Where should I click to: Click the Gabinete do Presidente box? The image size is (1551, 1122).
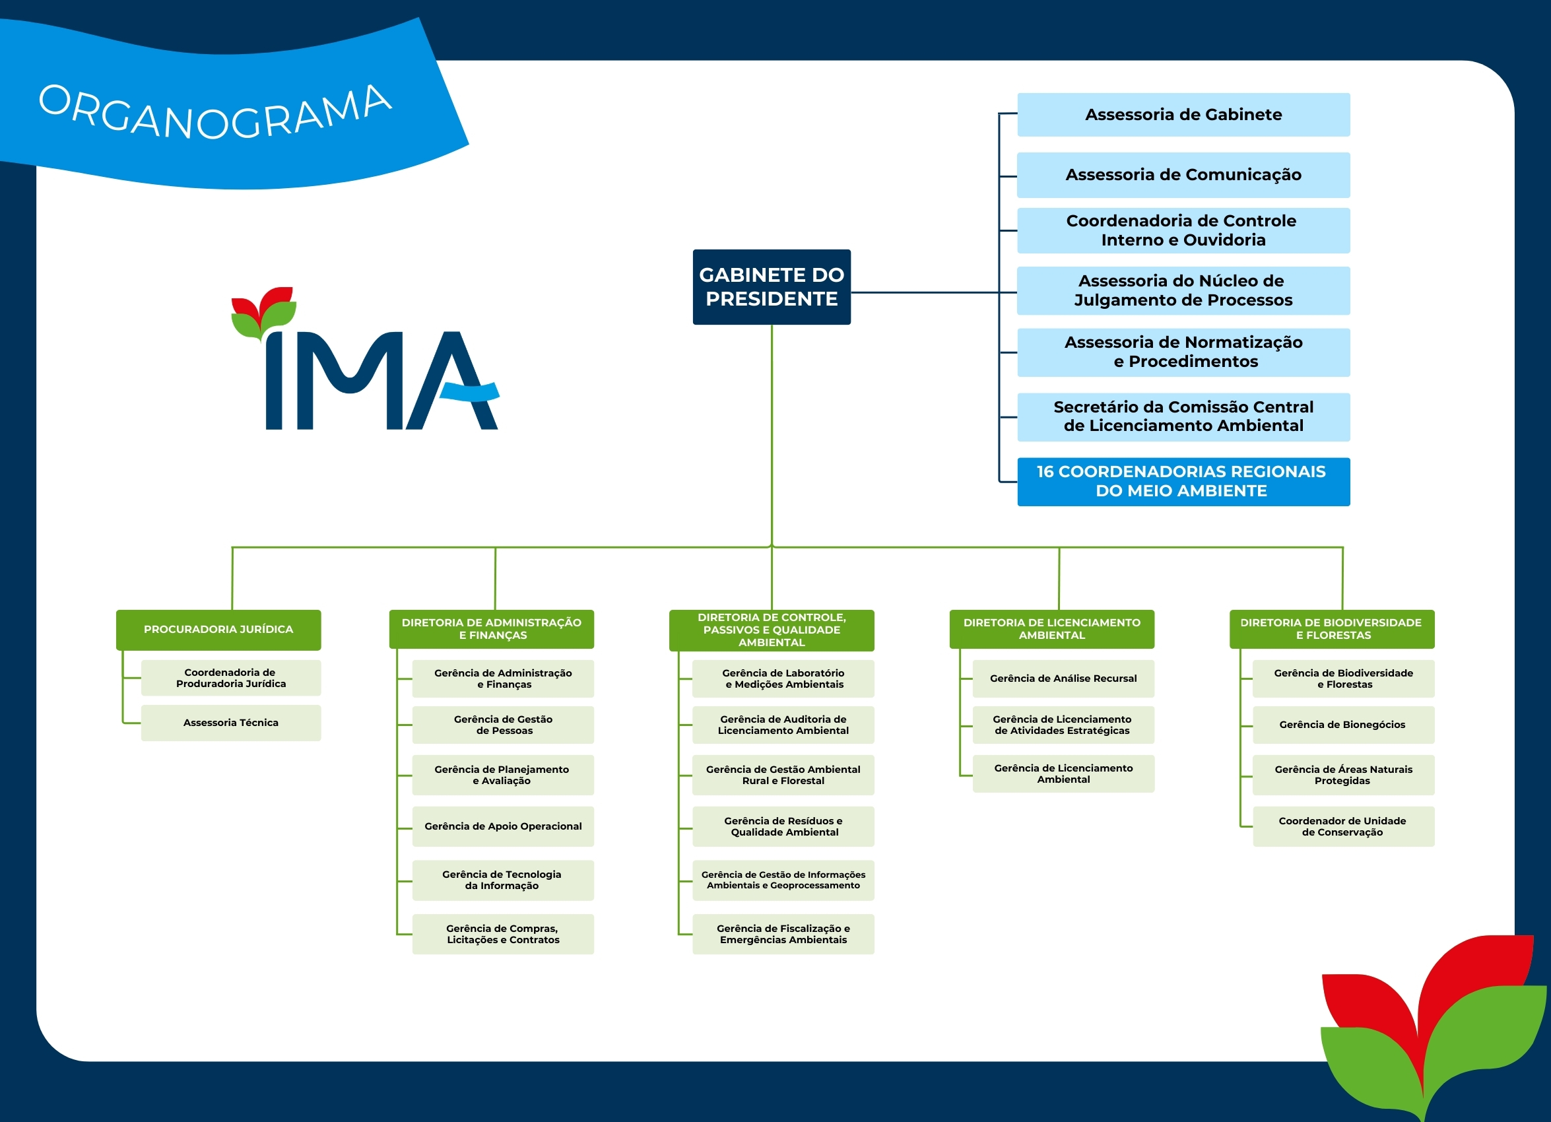(x=772, y=286)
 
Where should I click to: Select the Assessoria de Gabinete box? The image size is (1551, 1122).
(x=1183, y=115)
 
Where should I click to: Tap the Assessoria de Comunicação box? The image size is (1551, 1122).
(x=1183, y=175)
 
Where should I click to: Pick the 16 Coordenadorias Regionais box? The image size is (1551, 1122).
(x=1183, y=481)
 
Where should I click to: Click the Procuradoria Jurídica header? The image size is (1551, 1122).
(x=218, y=629)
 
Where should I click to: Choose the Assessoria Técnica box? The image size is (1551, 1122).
(x=230, y=723)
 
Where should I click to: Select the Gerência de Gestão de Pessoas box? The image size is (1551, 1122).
(x=503, y=725)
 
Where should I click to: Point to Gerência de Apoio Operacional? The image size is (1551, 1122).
(x=503, y=826)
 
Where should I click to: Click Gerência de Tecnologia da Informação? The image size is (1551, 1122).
(x=503, y=880)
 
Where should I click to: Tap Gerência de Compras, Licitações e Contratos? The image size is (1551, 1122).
(x=503, y=934)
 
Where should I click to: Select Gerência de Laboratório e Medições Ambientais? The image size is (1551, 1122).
(x=783, y=678)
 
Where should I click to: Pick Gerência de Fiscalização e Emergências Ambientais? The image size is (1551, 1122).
(x=783, y=934)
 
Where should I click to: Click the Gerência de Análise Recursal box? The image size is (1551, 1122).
(x=1063, y=678)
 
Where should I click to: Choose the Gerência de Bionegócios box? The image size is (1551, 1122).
(x=1342, y=725)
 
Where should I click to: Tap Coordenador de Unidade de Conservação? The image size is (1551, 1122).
(x=1342, y=826)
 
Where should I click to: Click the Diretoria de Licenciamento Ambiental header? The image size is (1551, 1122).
(x=1052, y=629)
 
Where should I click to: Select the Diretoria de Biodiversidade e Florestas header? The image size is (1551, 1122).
(x=1331, y=629)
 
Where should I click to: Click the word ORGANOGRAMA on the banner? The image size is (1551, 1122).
(x=215, y=113)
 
